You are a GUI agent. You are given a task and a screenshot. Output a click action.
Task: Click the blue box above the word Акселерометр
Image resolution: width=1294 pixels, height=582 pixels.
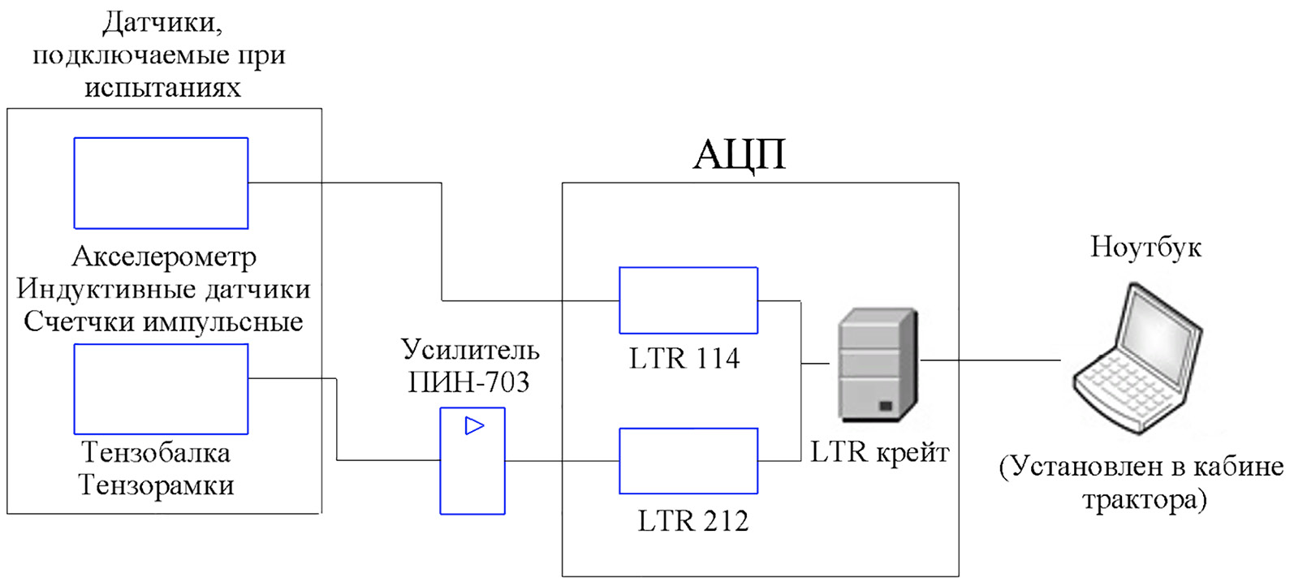coord(161,183)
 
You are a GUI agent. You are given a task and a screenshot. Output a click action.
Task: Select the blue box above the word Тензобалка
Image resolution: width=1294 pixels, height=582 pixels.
coord(161,389)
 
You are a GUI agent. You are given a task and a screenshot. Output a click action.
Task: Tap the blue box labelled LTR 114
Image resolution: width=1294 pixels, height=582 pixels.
coord(688,300)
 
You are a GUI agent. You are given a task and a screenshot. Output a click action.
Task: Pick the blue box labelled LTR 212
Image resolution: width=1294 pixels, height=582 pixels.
coord(688,461)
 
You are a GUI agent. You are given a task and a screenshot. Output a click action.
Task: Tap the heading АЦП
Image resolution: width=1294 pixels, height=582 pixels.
coord(740,154)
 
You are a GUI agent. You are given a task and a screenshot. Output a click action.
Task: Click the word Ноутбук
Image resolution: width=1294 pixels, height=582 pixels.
coord(1145,247)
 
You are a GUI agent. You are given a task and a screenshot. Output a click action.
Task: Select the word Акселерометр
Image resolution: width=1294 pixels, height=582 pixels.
coord(164,257)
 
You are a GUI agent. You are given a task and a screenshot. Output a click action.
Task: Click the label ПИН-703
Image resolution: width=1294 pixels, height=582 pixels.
coord(468,382)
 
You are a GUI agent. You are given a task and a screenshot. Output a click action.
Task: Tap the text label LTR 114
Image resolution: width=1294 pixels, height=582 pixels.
coord(684,358)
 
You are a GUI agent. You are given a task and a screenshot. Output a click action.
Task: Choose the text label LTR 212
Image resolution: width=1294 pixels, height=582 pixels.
coord(692,520)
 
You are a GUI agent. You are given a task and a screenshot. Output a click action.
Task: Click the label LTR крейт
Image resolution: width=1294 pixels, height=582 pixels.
coord(880,452)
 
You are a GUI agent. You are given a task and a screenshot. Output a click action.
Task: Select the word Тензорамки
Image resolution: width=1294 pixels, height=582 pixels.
coord(157,485)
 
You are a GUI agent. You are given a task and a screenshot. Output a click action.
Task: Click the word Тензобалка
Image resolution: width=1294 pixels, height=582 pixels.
coord(156,452)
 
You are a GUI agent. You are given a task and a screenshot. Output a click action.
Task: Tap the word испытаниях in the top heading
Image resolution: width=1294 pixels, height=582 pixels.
coord(162,87)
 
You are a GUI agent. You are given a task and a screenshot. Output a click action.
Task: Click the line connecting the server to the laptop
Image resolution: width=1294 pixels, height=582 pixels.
coord(990,360)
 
